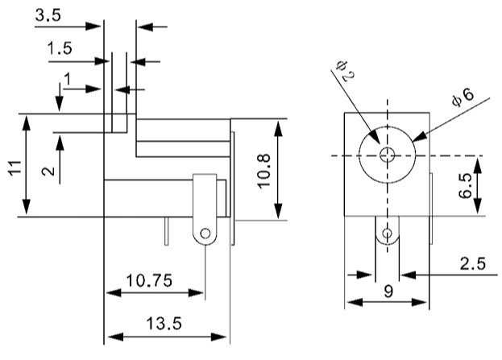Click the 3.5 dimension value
coord(48,15)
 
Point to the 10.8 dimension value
coord(265,170)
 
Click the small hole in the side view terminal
coord(205,234)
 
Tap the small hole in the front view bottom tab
coord(388,234)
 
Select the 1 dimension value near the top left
coord(68,79)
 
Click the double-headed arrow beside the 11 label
coord(27,165)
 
